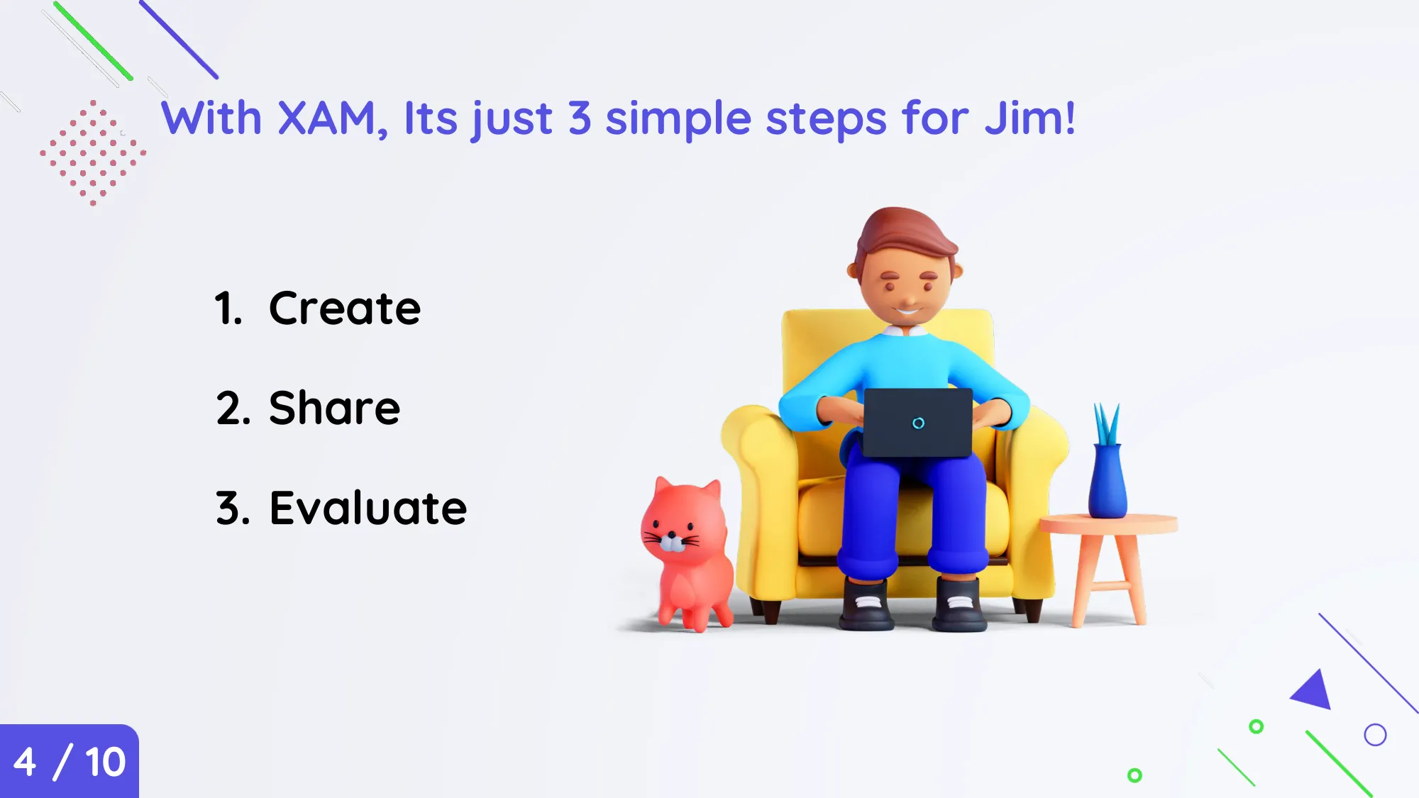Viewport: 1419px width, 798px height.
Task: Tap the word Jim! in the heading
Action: coord(1029,118)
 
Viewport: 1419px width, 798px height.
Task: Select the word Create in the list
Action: coord(345,309)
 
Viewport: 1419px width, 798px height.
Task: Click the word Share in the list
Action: coord(335,408)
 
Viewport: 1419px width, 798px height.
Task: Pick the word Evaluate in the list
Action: coord(368,508)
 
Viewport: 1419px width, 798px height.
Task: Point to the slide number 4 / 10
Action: coord(70,763)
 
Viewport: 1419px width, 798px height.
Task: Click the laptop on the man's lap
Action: coord(918,423)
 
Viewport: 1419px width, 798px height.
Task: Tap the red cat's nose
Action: coord(671,535)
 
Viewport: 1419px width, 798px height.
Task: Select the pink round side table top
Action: coord(1108,524)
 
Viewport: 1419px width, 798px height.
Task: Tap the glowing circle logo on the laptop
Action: coord(918,423)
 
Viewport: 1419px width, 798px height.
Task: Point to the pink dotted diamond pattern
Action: coord(93,153)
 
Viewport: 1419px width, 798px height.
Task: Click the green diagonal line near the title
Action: coord(93,41)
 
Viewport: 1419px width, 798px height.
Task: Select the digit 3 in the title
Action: coord(580,118)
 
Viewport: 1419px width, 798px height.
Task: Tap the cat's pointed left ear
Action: coord(663,487)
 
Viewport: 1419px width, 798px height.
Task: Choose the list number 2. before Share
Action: coord(233,408)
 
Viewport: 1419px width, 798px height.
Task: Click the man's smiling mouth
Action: coord(907,310)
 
